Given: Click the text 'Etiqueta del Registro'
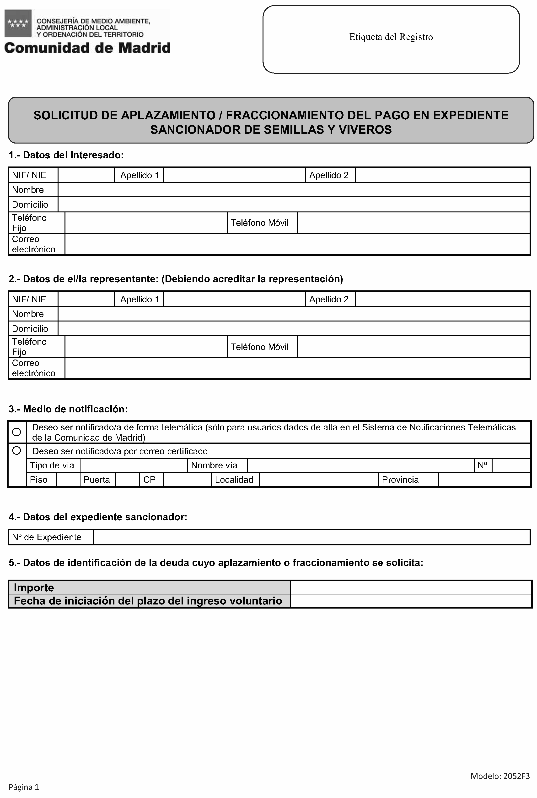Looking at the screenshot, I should coord(391,37).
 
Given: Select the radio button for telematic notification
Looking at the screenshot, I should coord(16,432).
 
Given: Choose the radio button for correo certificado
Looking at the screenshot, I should coord(16,450).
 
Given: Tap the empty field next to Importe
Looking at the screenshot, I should coord(411,587).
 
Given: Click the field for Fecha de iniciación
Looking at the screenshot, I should coord(411,601).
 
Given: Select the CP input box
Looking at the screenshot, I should coord(187,479).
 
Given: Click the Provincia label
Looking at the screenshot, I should coord(400,479).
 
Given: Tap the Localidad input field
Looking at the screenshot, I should coord(318,479).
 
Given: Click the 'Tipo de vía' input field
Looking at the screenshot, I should coord(134,465).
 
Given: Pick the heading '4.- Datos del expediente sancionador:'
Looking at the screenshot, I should coord(98,517).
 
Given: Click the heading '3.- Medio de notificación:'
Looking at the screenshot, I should coord(68,409).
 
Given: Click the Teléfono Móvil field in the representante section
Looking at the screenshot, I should coord(414,347).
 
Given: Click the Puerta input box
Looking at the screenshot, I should coord(127,479).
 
